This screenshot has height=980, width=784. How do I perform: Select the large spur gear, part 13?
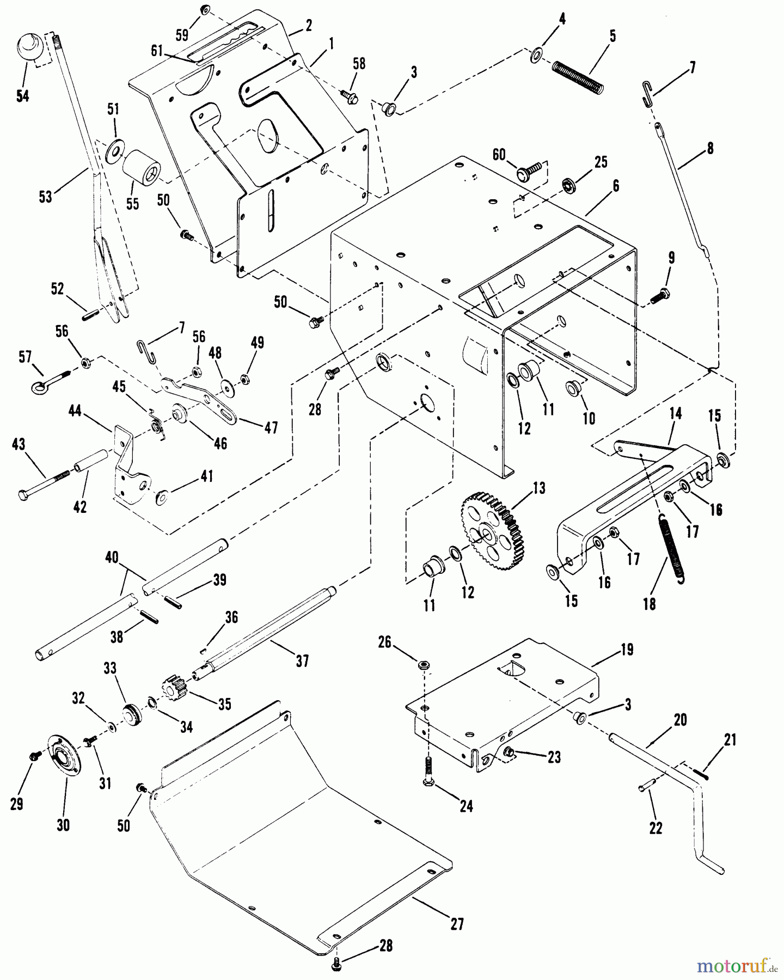(493, 531)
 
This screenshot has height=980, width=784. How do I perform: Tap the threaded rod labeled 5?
(578, 77)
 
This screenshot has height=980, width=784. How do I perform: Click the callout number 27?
(457, 924)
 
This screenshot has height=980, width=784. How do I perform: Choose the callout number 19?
(627, 650)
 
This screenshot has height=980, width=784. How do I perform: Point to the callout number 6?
(615, 185)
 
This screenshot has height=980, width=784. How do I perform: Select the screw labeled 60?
(529, 170)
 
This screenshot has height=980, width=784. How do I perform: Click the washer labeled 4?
(536, 54)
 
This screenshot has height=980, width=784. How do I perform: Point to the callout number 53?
(45, 196)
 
